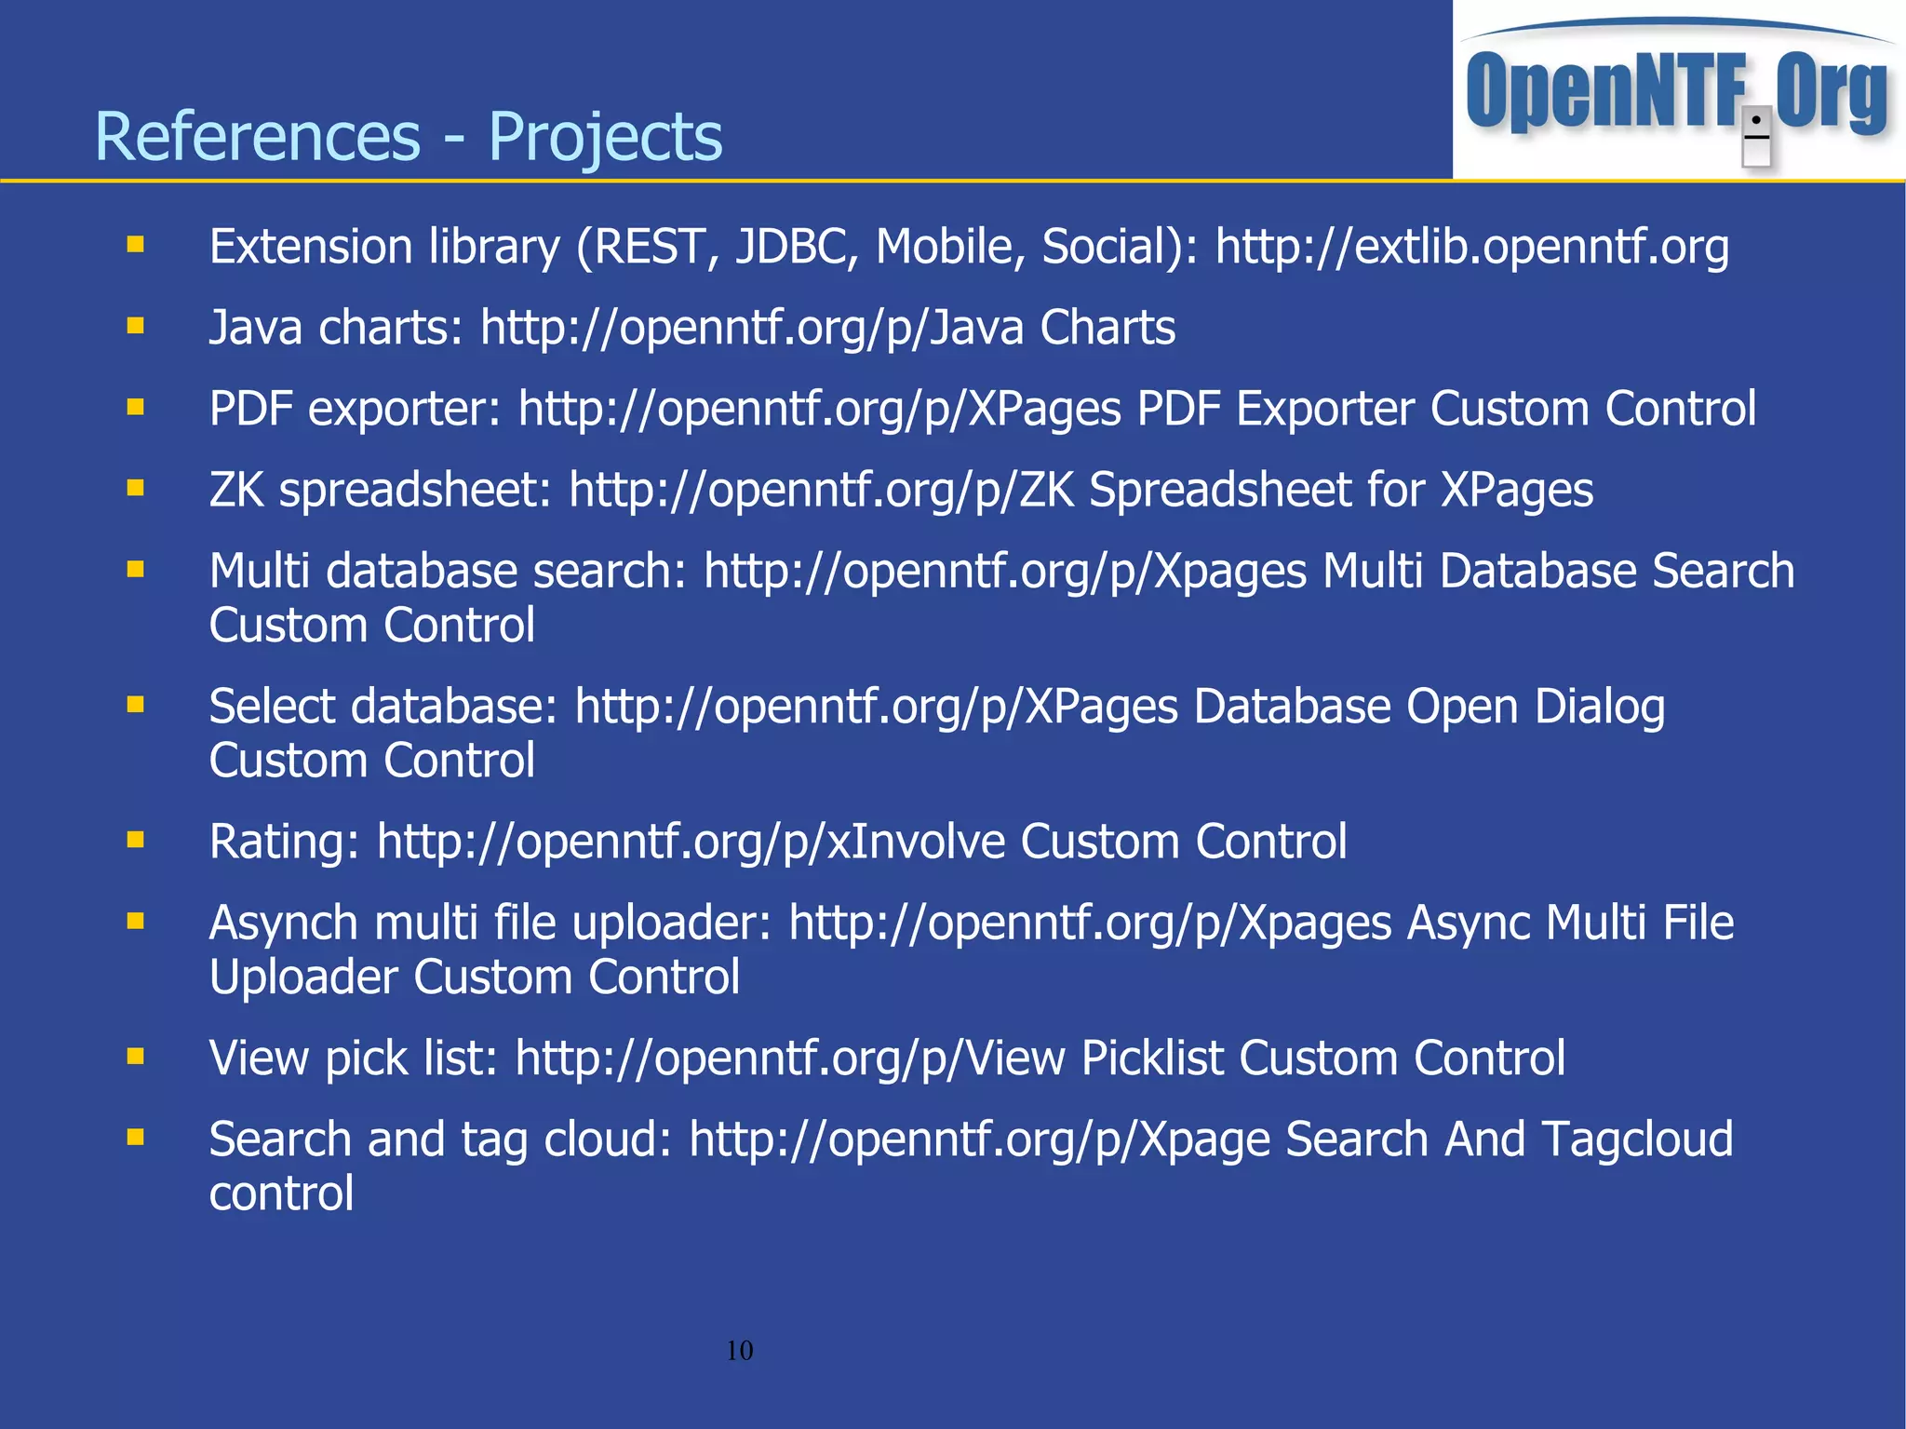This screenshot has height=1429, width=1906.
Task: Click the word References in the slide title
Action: (x=257, y=137)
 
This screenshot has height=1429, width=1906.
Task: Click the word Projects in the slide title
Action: (x=605, y=137)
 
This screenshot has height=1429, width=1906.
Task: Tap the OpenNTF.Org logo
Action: (x=1677, y=91)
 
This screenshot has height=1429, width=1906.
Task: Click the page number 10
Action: (x=739, y=1350)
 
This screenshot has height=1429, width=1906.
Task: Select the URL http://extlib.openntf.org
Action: (x=1471, y=247)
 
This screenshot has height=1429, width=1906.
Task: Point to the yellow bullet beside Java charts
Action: (x=136, y=326)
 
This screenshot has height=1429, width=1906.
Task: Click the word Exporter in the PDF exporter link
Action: (x=1325, y=409)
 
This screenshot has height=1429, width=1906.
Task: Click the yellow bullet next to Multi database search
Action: (x=136, y=569)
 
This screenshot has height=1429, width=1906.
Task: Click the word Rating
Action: (x=284, y=842)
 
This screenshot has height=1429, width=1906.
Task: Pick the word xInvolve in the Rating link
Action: (x=916, y=842)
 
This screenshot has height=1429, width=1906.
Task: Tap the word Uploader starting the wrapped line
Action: (x=303, y=977)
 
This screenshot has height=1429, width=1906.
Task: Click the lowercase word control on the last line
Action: (x=281, y=1193)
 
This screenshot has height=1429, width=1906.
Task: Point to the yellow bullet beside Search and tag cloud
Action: (x=136, y=1137)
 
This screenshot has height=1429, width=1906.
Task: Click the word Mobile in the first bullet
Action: (x=949, y=247)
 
